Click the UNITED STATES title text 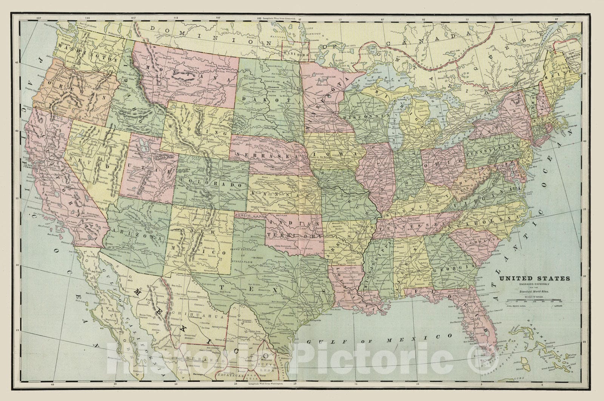pyautogui.click(x=535, y=279)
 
